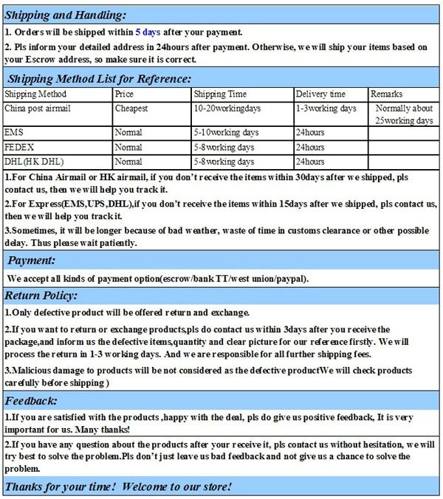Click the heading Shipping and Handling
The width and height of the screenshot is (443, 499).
click(66, 16)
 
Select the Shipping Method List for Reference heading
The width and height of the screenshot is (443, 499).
click(99, 78)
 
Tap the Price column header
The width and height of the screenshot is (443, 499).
click(124, 94)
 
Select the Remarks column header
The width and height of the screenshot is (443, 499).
click(386, 94)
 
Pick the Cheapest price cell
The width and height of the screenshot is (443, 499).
click(131, 109)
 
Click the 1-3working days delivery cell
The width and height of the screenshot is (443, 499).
click(326, 109)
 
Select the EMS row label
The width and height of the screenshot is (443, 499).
click(14, 133)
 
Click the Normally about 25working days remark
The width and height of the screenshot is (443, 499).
click(404, 114)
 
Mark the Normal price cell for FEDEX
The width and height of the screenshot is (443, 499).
click(128, 147)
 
